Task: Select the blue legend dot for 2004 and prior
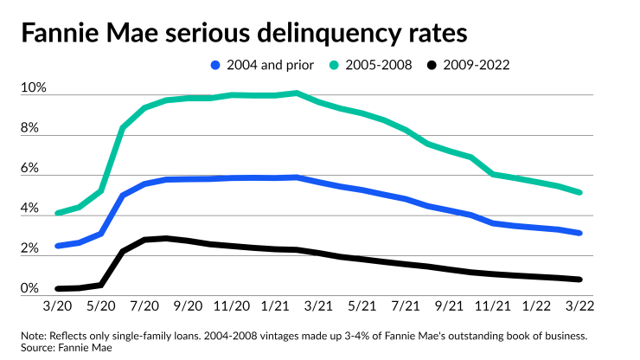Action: point(215,64)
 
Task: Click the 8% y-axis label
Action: point(30,129)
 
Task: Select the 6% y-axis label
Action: point(30,170)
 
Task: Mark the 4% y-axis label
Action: point(30,209)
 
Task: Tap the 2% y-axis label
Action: point(30,249)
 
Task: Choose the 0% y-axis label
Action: point(30,289)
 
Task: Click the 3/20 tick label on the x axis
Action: point(58,307)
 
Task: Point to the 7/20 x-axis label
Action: point(144,307)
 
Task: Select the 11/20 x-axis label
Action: point(232,307)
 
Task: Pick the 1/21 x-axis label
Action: point(276,307)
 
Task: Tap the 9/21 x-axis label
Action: point(450,307)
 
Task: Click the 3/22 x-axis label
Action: point(580,307)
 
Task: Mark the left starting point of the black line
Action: point(58,288)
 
